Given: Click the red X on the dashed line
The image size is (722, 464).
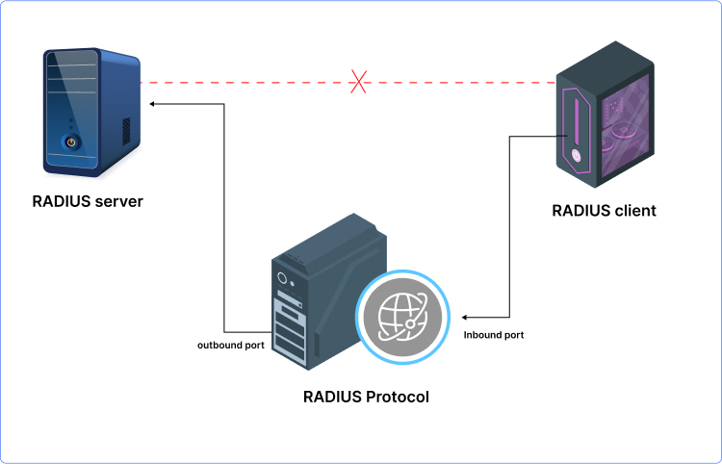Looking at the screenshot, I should coord(359,83).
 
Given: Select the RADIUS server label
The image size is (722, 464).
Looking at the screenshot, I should coord(88,201).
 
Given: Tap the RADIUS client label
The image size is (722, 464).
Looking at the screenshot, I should coord(604,210).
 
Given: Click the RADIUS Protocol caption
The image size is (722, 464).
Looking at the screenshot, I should coord(366,397).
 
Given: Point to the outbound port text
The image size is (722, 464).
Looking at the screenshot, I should coord(231,345).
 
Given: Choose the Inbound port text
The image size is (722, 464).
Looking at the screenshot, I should coord(494,335).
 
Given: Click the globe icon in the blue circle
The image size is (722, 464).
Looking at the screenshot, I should coord(402,316).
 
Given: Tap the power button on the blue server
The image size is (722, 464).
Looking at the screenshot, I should coord(69,142).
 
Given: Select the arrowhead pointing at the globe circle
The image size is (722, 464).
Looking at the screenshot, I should coord(464,316).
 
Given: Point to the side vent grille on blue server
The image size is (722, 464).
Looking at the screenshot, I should coord(125,130).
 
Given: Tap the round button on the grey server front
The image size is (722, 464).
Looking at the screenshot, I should coord(283,279).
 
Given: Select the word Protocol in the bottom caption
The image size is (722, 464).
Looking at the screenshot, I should coord(397,397).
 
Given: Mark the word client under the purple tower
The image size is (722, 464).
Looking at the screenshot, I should coord(634,210).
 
